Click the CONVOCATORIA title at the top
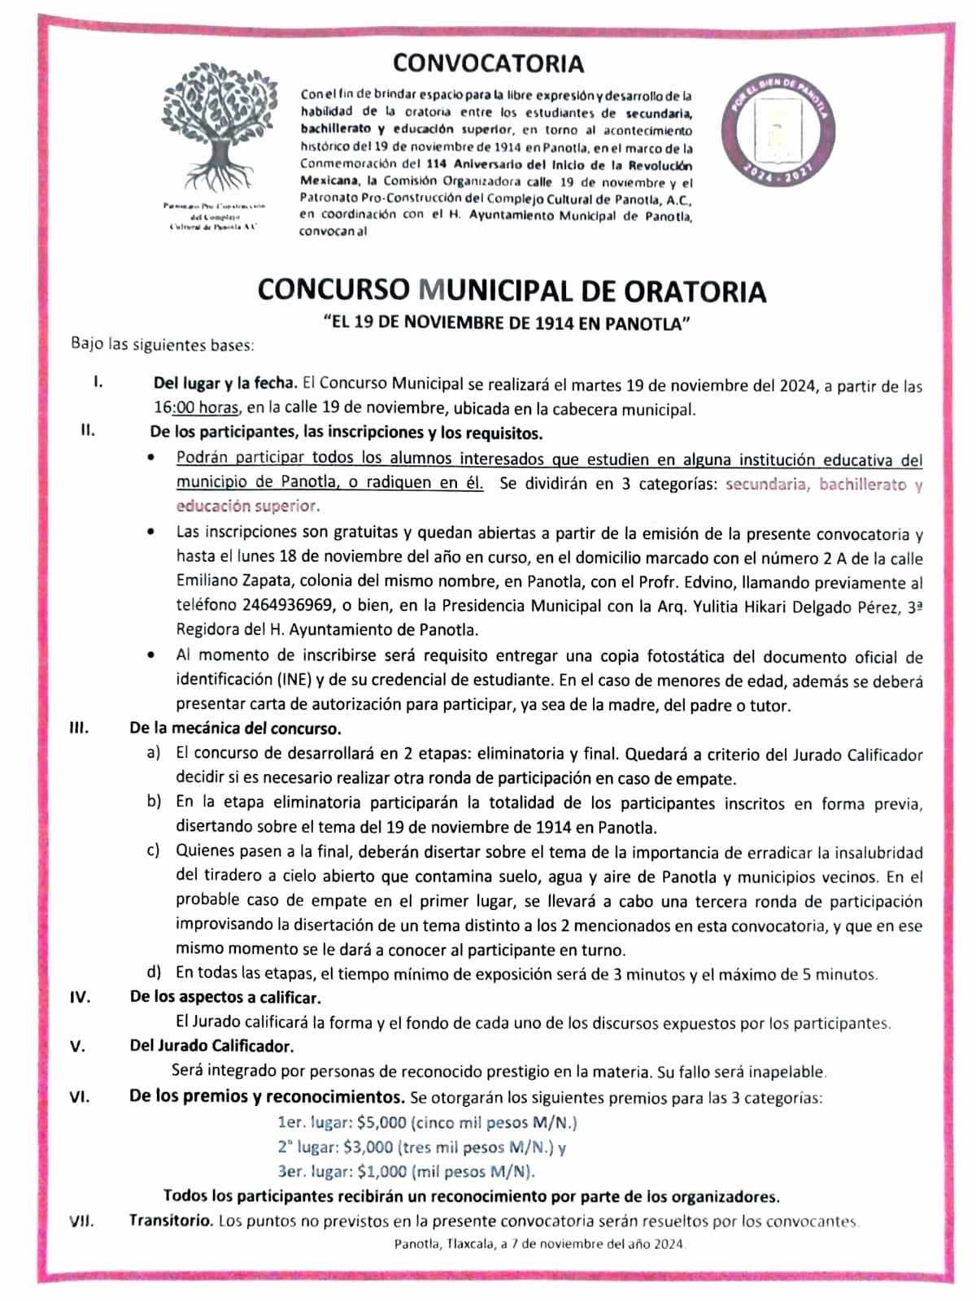tap(488, 63)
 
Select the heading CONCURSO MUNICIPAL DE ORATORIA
tap(512, 291)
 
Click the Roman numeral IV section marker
tap(81, 997)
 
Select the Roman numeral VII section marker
tap(81, 1221)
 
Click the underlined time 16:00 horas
tap(196, 408)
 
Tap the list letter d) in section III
tap(154, 972)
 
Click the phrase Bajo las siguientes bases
tap(163, 345)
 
